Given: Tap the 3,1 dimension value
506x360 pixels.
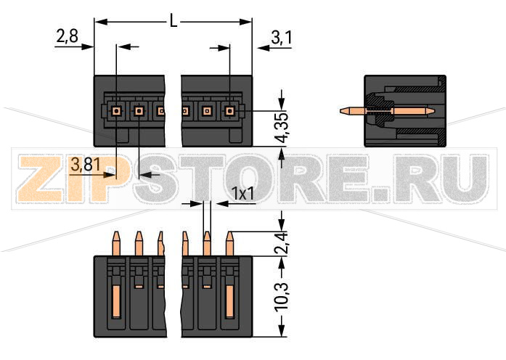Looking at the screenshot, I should pyautogui.click(x=281, y=36).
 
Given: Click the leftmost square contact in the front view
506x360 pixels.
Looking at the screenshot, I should pyautogui.click(x=116, y=111).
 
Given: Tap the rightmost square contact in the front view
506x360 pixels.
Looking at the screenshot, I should pyautogui.click(x=230, y=111).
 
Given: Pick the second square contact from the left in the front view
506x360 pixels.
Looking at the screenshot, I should pyautogui.click(x=139, y=111).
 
